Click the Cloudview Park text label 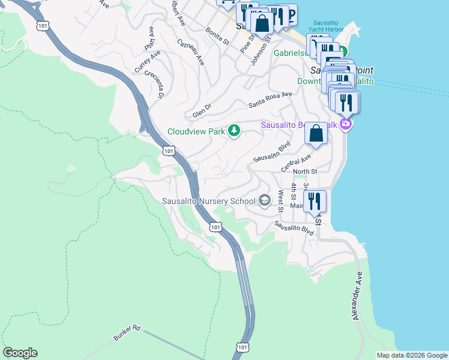(x=195, y=131)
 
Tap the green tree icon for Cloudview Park (x=234, y=131)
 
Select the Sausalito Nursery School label (x=209, y=201)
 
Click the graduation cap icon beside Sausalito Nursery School (x=265, y=201)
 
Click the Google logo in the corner (x=20, y=353)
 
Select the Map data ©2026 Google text (x=411, y=355)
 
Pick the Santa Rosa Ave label (x=270, y=99)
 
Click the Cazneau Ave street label (x=190, y=52)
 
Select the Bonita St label (x=217, y=36)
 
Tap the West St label (x=280, y=202)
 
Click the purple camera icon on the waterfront (x=345, y=124)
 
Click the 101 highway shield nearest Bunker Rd (x=241, y=347)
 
